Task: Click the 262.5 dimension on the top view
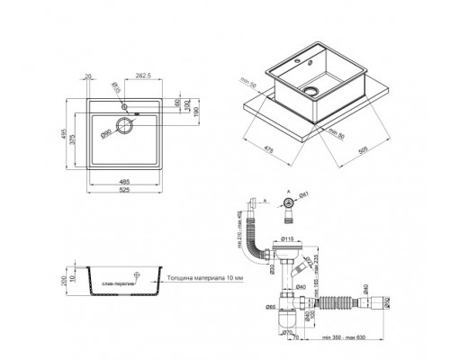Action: [142, 76]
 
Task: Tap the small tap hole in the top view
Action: [125, 104]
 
